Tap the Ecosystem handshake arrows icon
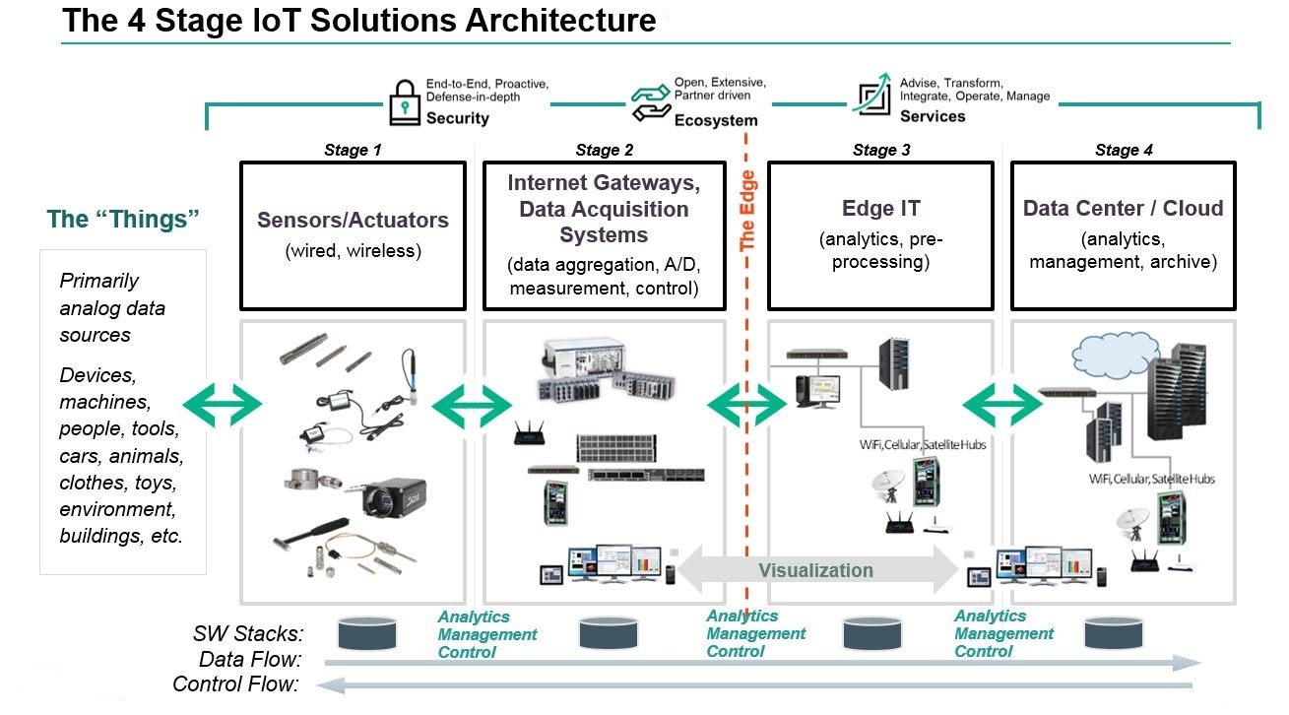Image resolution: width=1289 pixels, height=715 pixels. click(x=650, y=101)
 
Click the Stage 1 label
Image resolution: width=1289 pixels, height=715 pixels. click(x=353, y=150)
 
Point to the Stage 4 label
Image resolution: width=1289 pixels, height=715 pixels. click(x=1124, y=150)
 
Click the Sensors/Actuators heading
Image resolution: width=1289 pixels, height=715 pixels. click(x=353, y=220)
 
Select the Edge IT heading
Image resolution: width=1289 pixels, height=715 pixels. click(x=880, y=209)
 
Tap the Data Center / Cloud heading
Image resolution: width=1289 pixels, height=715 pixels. click(x=1124, y=209)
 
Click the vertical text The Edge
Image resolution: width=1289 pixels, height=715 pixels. click(x=748, y=210)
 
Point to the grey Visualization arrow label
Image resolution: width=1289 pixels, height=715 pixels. click(x=815, y=570)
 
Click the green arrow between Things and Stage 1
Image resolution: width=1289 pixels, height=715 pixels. click(x=223, y=404)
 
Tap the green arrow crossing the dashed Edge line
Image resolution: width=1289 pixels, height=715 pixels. click(x=748, y=404)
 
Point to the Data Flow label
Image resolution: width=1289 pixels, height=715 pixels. click(x=251, y=660)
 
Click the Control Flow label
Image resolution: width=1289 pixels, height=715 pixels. click(x=236, y=684)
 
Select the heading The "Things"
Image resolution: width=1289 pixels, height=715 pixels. click(x=123, y=219)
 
